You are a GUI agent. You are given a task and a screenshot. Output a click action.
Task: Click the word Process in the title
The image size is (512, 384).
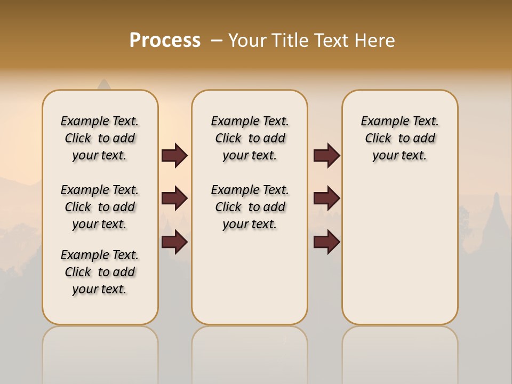pyautogui.click(x=165, y=40)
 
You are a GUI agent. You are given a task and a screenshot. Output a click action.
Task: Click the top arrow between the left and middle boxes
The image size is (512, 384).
pyautogui.click(x=174, y=156)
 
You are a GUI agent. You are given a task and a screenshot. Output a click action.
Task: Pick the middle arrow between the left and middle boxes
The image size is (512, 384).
pyautogui.click(x=174, y=198)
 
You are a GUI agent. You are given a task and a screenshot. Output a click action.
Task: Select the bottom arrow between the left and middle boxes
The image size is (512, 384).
pyautogui.click(x=174, y=243)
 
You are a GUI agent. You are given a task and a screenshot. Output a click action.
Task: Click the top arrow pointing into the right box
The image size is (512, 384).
pyautogui.click(x=326, y=156)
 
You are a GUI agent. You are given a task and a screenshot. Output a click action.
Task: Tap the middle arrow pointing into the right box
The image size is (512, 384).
pyautogui.click(x=326, y=198)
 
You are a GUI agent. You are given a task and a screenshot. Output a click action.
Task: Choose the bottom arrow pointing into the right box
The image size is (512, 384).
pyautogui.click(x=326, y=243)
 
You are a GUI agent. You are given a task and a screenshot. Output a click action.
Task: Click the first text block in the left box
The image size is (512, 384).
pyautogui.click(x=100, y=138)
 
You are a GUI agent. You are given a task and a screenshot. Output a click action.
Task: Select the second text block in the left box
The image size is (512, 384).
pyautogui.click(x=100, y=207)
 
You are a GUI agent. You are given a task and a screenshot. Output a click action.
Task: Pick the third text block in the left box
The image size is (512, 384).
pyautogui.click(x=100, y=272)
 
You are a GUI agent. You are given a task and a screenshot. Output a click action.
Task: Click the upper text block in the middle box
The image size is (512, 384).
pyautogui.click(x=250, y=138)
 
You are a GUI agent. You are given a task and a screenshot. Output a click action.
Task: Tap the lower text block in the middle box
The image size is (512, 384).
pyautogui.click(x=250, y=207)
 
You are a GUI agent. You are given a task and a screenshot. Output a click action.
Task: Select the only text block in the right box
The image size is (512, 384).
pyautogui.click(x=399, y=138)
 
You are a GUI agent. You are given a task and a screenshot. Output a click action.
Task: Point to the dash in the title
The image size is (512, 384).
pyautogui.click(x=217, y=41)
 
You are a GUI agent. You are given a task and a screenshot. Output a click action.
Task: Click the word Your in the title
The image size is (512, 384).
pyautogui.click(x=246, y=41)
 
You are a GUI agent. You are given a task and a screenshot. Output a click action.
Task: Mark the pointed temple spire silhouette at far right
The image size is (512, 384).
pyautogui.click(x=497, y=213)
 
